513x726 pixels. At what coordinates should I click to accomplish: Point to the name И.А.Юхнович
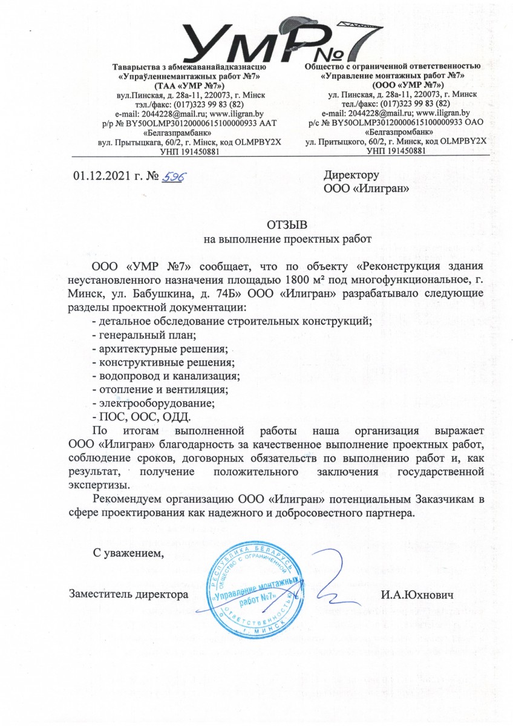pyautogui.click(x=417, y=595)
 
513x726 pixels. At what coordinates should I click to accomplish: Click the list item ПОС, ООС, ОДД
pyautogui.click(x=141, y=417)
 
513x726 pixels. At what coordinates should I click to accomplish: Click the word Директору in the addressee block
pyautogui.click(x=351, y=175)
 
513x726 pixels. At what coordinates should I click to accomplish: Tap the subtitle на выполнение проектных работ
pyautogui.click(x=286, y=239)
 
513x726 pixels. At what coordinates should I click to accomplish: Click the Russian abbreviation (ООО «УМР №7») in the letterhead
pyautogui.click(x=393, y=86)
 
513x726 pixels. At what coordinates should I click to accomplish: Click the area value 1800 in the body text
pyautogui.click(x=295, y=280)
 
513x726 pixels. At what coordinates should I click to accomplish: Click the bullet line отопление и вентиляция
pyautogui.click(x=159, y=390)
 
